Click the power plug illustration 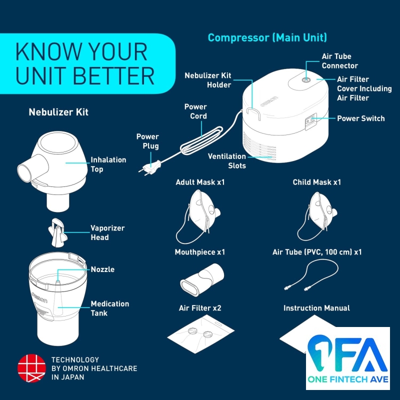point(150,168)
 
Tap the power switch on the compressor point(311,121)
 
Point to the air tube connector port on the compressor point(305,80)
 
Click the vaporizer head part point(57,232)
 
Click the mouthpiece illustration point(202,279)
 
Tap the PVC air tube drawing point(311,275)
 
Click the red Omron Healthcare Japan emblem point(31,368)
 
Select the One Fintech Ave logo point(348,358)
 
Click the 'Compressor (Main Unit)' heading point(267,38)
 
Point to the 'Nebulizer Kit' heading point(58,112)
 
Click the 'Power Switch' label point(360,118)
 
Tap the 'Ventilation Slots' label point(227,161)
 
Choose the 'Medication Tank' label point(110,308)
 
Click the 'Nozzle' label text point(102,269)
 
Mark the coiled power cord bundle point(201,140)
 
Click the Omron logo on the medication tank point(39,297)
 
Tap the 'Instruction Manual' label point(316,308)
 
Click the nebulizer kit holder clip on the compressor point(253,113)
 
